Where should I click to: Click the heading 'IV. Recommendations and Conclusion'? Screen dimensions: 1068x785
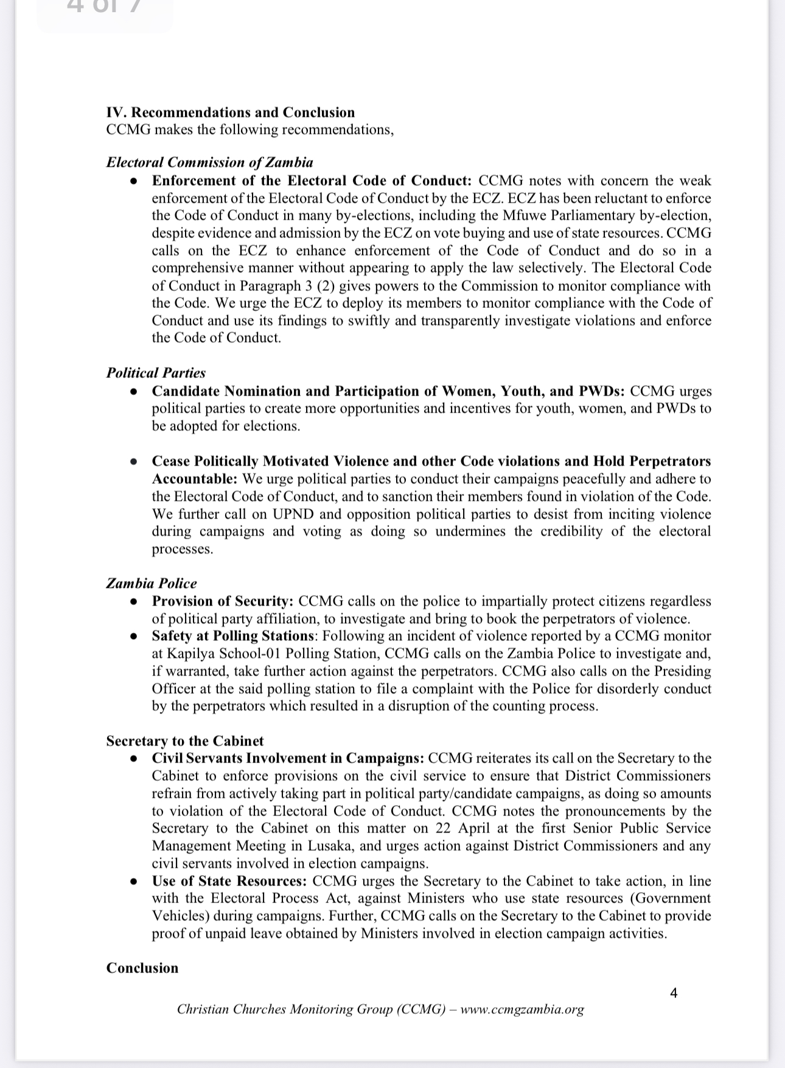point(230,113)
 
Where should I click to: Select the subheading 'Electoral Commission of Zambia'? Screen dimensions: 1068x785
point(209,162)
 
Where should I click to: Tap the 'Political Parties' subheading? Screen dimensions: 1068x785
point(156,373)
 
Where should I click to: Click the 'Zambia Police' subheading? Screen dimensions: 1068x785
point(152,584)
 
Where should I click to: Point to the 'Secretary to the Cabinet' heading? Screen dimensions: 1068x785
point(185,741)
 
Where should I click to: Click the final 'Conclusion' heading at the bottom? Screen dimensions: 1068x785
point(142,968)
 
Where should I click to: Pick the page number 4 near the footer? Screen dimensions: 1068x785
point(674,993)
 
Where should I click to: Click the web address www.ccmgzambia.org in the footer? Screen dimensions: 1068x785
point(522,1010)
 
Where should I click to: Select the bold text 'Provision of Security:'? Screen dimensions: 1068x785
point(223,601)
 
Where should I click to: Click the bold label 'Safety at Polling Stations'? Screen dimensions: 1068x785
point(233,636)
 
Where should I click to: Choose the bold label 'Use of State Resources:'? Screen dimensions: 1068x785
point(229,881)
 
